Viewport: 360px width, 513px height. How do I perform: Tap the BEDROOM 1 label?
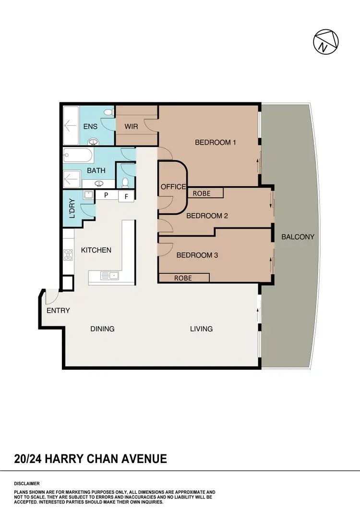[216, 143]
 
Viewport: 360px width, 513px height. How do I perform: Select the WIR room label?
[132, 127]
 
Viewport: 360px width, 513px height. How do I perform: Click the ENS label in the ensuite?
[90, 127]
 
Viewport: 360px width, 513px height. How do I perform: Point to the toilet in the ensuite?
[108, 112]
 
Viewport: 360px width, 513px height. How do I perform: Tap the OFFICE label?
[173, 186]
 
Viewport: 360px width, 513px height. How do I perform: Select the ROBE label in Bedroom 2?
[202, 194]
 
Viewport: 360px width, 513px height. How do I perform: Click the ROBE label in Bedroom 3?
[183, 278]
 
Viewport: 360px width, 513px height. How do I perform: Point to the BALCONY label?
[298, 237]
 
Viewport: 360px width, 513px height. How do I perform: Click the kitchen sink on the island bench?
[110, 275]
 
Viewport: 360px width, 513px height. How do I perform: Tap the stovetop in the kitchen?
[68, 255]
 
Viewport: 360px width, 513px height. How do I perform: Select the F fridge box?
[126, 196]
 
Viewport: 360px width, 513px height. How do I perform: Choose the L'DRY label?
[72, 209]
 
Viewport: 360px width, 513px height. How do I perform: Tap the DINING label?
[102, 329]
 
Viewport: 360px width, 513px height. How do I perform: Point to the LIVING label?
[201, 329]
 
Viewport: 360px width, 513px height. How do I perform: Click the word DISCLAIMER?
[27, 484]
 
